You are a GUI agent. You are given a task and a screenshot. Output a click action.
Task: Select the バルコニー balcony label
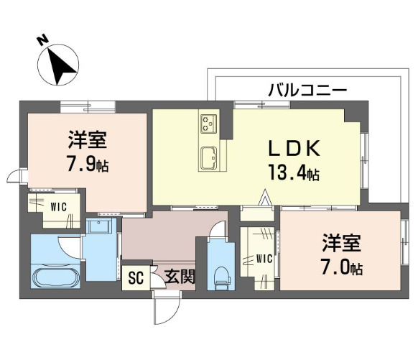click(307, 91)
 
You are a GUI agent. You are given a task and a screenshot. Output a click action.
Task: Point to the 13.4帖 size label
click(293, 173)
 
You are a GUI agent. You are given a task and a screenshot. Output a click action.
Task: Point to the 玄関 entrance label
click(179, 276)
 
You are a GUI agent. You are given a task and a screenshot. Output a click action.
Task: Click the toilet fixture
click(221, 275)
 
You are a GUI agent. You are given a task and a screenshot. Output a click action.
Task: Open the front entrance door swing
click(164, 309)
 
